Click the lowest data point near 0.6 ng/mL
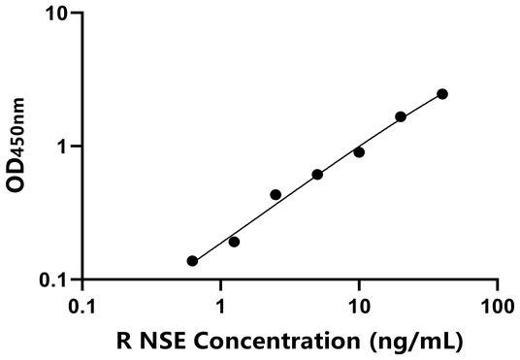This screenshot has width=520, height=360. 192,261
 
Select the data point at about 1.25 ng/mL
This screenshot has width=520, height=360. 234,242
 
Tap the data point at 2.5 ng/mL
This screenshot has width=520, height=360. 276,195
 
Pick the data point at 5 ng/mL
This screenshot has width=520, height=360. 317,175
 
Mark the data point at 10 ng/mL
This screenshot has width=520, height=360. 359,152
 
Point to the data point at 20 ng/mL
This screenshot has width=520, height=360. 401,116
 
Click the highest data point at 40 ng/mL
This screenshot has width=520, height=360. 442,94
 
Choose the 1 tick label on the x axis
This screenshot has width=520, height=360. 220,304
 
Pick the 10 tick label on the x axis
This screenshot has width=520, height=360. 359,304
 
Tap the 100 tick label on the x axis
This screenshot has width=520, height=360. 497,304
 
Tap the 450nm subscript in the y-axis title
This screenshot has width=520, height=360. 19,133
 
